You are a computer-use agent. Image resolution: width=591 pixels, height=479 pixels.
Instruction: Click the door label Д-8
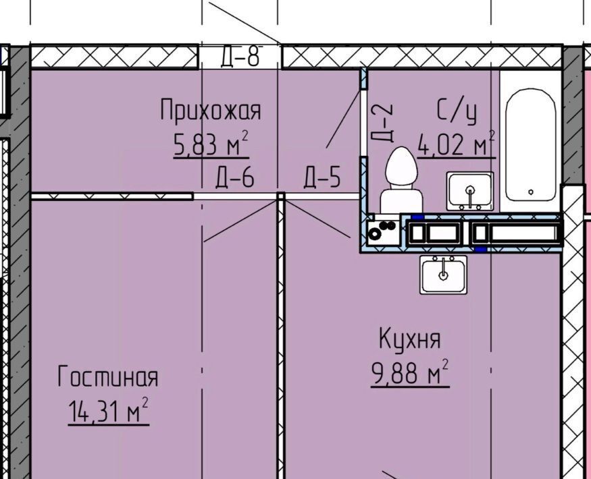tap(240, 57)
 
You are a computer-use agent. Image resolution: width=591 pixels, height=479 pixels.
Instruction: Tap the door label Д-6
tap(235, 177)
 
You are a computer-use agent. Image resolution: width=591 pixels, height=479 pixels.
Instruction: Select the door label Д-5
tap(322, 177)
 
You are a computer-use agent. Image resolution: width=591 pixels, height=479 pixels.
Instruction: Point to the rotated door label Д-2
tap(382, 123)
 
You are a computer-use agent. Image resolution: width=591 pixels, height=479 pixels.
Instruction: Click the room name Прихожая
tap(210, 109)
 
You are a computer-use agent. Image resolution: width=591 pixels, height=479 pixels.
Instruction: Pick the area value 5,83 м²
tap(211, 144)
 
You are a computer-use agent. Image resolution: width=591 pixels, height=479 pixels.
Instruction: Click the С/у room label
tap(457, 111)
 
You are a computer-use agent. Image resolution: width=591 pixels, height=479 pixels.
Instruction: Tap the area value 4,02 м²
tap(456, 144)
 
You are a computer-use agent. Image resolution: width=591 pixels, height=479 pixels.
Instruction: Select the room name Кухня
tap(410, 339)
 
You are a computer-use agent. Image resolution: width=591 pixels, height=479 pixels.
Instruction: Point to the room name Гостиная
tap(108, 376)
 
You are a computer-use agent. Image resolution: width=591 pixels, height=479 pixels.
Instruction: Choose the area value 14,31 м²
tap(109, 411)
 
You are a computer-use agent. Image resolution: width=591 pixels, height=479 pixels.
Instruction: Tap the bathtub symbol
tap(530, 144)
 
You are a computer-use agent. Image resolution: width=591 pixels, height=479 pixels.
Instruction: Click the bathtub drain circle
tap(531, 192)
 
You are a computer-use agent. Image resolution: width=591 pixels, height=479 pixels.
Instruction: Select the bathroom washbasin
tap(470, 191)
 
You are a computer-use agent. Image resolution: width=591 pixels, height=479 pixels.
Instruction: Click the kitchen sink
tap(444, 275)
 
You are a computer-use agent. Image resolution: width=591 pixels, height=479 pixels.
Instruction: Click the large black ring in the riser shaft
tap(375, 234)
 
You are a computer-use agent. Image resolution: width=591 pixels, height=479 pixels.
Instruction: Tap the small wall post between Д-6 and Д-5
tap(280, 196)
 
